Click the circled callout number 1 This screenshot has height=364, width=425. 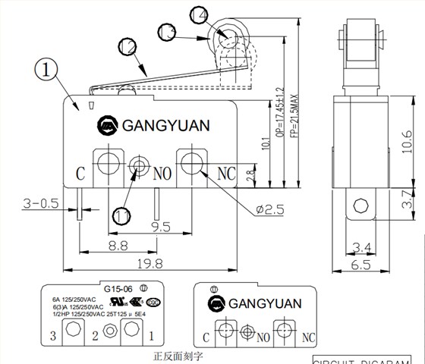[x=48, y=71]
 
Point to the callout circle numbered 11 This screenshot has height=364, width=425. [x=121, y=215]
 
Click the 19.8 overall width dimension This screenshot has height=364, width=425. [x=150, y=265]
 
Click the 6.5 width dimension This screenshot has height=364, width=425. [x=361, y=264]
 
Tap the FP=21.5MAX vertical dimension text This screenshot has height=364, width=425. [x=297, y=113]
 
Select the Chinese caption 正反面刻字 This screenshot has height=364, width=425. [x=179, y=354]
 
